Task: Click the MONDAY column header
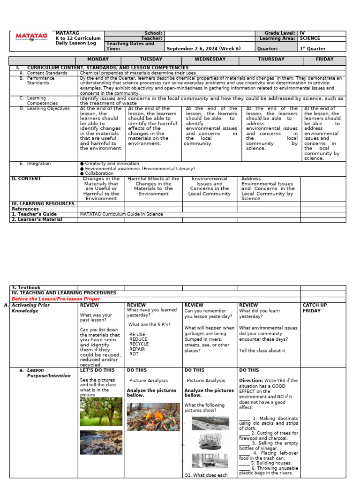coord(98,60)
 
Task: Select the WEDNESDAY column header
coord(210,60)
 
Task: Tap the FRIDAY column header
coord(324,60)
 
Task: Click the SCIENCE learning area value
coord(310,38)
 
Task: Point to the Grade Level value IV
coord(302,33)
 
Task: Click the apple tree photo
coord(101,412)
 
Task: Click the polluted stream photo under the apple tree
coord(101,442)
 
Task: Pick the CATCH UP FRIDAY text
coord(315,308)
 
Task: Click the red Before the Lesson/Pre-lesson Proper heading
coord(55,299)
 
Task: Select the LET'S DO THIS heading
coord(97,370)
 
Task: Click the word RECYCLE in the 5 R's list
coord(139,344)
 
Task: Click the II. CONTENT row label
coord(26,179)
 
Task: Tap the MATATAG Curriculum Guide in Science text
coord(121,214)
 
